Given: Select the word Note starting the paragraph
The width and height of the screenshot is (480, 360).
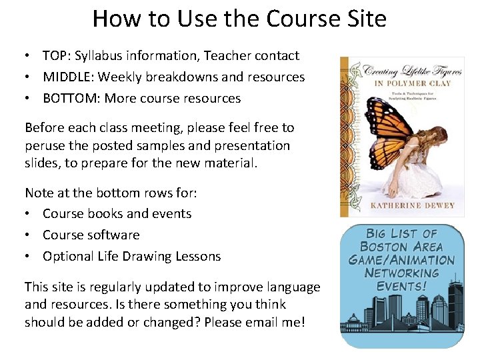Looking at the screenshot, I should pos(39,193).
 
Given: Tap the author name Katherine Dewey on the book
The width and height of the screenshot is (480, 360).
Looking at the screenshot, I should pos(413,205).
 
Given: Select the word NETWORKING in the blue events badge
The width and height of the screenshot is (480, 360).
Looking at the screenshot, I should pos(402,273).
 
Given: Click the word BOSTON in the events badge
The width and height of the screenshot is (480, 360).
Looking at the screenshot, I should pos(383,247).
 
